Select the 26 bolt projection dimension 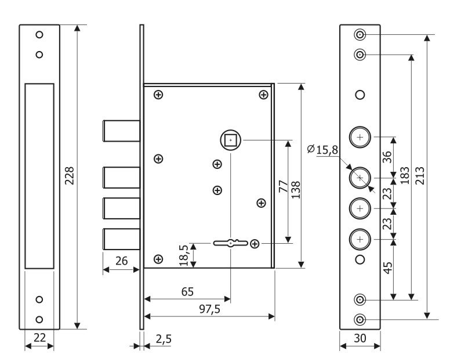[x=121, y=261]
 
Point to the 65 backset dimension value [x=187, y=291]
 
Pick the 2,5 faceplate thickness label [x=163, y=338]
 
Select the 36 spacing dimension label [x=388, y=157]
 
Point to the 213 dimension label [x=420, y=175]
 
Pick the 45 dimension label [x=388, y=268]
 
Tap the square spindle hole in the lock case [x=230, y=140]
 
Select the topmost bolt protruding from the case [x=121, y=130]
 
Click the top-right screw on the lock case [x=263, y=95]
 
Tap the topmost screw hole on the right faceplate [x=360, y=34]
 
